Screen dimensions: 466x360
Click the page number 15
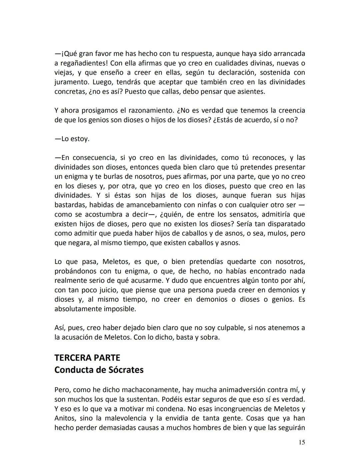301,442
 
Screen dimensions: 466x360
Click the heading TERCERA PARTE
87,358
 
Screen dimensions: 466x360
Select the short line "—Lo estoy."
72,139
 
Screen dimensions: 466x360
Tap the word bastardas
69,205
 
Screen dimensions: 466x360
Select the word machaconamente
151,390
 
